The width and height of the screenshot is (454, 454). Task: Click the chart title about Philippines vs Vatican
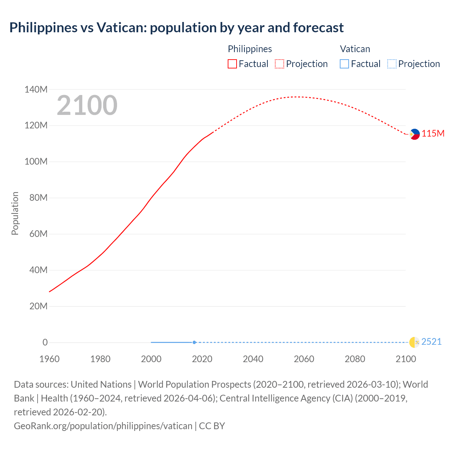(x=176, y=28)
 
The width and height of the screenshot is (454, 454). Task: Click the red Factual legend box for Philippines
(x=232, y=64)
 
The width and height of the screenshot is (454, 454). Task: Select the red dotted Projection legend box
(x=279, y=64)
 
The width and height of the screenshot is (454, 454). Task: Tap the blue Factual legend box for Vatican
(x=344, y=64)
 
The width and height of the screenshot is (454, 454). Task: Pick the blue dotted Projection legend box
(x=392, y=64)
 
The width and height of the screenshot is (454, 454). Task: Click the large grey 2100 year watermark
(x=87, y=105)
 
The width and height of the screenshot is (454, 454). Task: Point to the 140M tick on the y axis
(x=36, y=89)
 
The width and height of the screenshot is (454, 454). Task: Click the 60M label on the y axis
(x=38, y=234)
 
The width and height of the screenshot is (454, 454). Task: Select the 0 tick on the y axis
(x=45, y=342)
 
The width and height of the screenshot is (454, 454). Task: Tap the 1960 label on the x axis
(x=49, y=359)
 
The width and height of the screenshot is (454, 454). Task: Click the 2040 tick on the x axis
(x=253, y=359)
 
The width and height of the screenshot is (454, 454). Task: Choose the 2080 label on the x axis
(x=355, y=359)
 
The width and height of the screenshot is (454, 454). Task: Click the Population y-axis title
(x=15, y=213)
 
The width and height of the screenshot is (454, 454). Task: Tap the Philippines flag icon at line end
(x=414, y=134)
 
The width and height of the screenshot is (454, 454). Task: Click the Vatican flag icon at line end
(x=414, y=342)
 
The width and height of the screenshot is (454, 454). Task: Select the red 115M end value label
(x=433, y=133)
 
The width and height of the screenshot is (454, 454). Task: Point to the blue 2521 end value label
(x=431, y=342)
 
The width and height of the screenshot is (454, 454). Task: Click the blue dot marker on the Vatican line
(x=194, y=342)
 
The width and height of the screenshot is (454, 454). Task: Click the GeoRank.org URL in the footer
(x=103, y=426)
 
